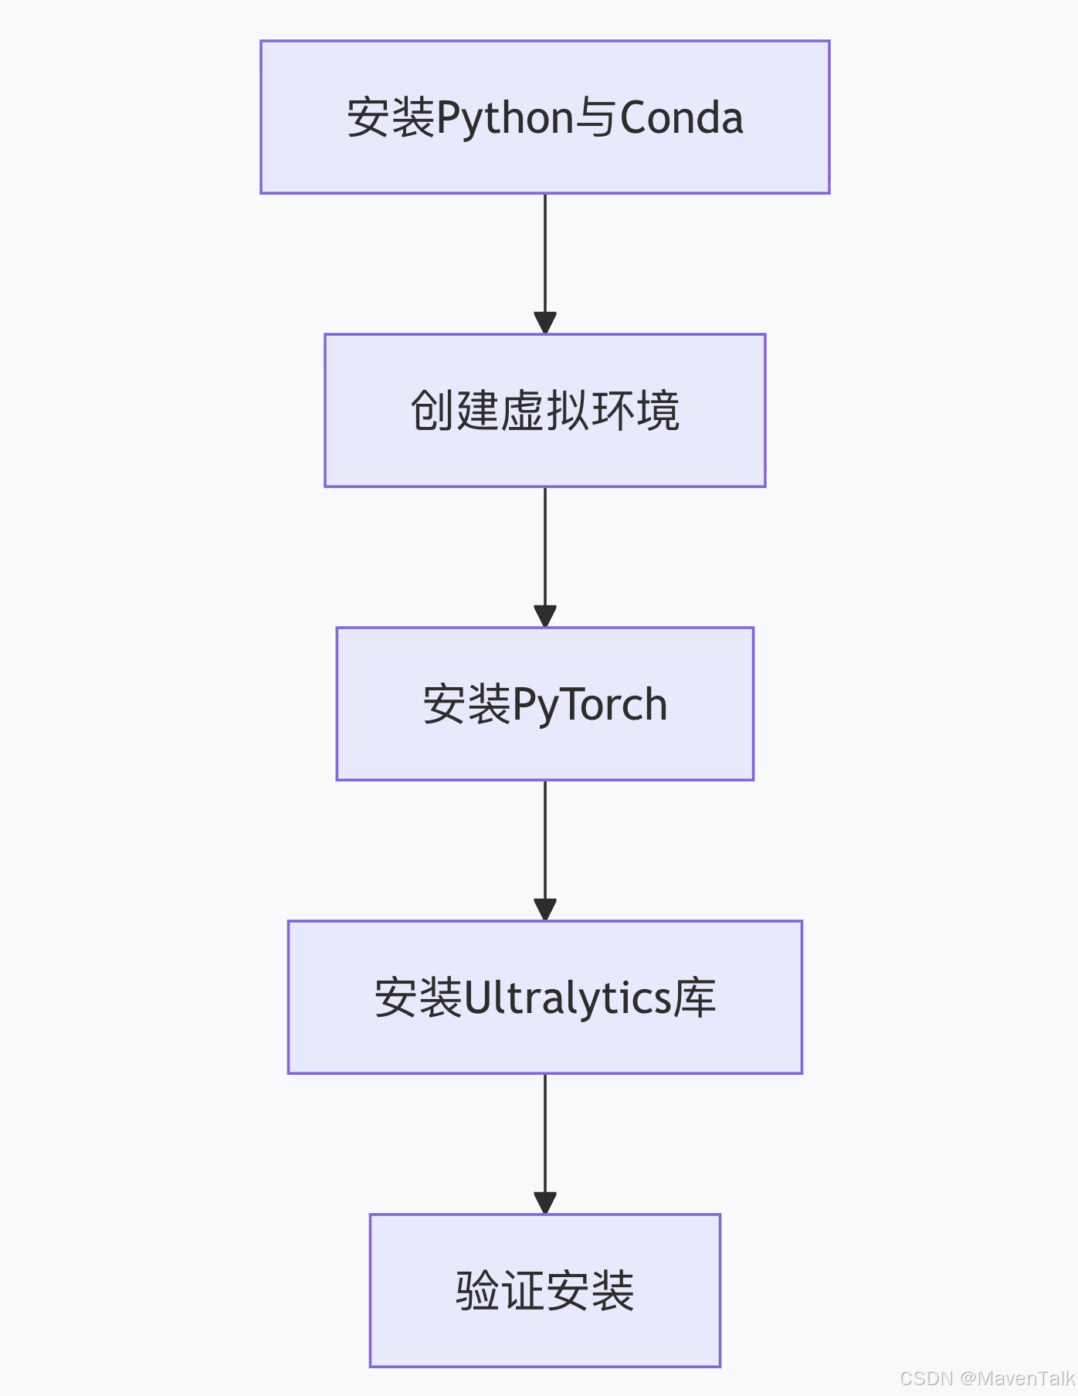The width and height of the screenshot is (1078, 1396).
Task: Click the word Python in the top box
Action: pos(505,118)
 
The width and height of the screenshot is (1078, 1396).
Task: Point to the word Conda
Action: pos(681,118)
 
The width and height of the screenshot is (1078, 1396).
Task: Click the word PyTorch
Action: pos(589,705)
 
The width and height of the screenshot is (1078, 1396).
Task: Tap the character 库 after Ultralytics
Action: pos(695,998)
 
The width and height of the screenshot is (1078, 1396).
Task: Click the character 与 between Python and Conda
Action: pos(596,118)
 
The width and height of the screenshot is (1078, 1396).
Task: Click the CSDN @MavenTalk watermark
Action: pos(986,1378)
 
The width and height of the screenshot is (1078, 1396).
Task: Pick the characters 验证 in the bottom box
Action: pos(500,1291)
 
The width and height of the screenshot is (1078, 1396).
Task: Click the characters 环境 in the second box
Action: pos(636,411)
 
